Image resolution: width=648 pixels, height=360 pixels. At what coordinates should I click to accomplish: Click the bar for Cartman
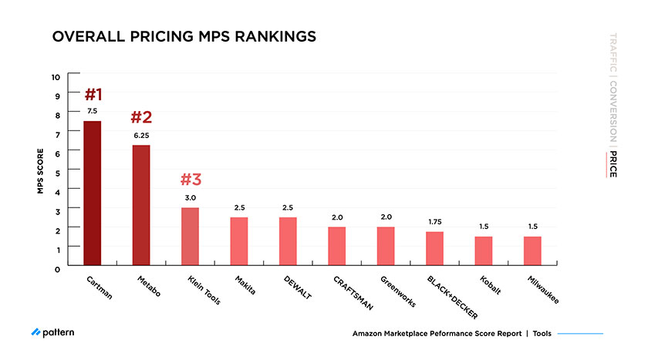point(93,193)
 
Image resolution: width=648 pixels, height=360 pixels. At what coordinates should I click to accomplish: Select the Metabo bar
point(141,205)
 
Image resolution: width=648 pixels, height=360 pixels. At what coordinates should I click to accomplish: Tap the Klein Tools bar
point(190,237)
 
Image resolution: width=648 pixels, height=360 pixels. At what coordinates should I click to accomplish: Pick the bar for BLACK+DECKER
point(434,248)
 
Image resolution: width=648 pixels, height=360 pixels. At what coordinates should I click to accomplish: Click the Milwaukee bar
point(532,251)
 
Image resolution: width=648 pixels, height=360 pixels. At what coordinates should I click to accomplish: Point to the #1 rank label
point(93,95)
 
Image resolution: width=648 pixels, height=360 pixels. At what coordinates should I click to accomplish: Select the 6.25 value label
point(141,135)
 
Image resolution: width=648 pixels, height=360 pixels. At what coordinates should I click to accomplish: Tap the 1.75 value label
point(434,222)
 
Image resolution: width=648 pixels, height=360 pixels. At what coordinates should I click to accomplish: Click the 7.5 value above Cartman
point(93,112)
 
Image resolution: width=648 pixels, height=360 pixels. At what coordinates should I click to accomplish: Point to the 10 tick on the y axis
point(56,76)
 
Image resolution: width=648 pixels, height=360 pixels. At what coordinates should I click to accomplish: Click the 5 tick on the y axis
point(57,172)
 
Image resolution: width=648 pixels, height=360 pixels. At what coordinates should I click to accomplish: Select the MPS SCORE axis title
point(40,171)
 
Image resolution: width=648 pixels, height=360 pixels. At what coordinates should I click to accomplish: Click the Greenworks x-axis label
point(399,292)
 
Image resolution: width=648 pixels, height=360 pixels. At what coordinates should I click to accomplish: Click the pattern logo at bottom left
point(53,333)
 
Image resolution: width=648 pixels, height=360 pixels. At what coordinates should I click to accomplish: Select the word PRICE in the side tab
point(613,163)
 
